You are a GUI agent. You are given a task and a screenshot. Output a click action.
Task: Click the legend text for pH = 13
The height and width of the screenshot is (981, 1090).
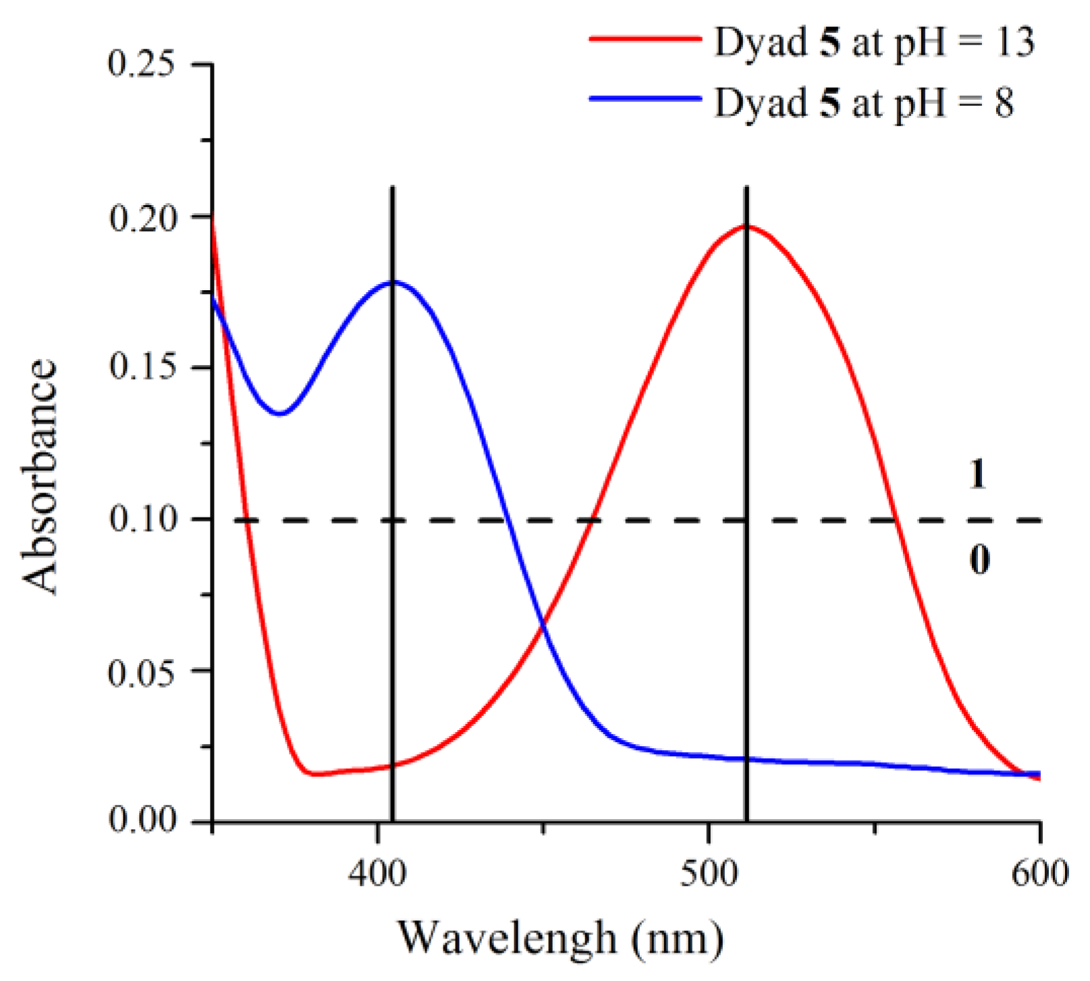874,42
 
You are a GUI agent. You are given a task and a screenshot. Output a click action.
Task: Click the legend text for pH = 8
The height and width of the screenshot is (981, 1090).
864,103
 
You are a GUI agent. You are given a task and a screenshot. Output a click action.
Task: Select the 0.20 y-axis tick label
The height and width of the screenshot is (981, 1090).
142,217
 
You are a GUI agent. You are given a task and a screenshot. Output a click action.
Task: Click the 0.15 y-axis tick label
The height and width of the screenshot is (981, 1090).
142,368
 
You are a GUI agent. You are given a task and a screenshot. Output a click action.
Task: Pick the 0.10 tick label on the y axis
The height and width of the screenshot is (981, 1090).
142,520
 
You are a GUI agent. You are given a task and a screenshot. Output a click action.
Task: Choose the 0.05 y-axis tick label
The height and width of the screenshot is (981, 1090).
142,671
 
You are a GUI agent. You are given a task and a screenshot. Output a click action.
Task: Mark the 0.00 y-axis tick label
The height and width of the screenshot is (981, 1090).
142,821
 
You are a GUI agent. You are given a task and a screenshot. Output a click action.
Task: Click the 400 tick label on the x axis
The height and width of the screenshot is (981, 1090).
377,874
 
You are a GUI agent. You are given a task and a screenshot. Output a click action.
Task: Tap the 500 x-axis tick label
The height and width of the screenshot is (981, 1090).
709,874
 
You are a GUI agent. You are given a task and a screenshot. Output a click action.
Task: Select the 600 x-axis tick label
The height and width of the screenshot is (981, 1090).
1040,874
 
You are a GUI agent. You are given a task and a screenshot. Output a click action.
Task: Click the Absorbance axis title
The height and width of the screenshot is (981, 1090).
40,476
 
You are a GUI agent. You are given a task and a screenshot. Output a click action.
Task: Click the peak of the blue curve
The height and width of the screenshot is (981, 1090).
395,282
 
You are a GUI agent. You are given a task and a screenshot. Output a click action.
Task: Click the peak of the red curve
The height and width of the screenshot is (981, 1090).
748,226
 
